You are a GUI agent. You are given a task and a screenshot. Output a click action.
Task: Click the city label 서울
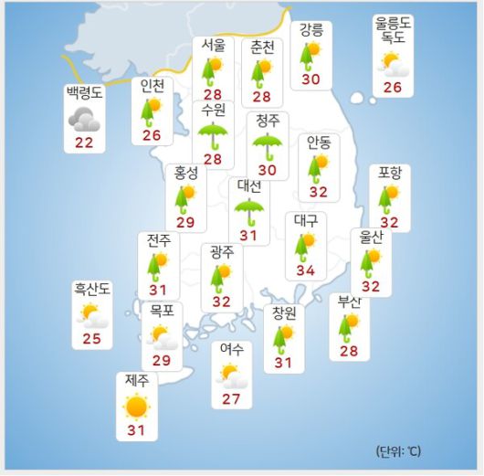(213, 46)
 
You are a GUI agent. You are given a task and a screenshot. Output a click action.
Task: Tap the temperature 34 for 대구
(304, 270)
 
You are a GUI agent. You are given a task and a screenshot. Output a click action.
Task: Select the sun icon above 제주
(136, 407)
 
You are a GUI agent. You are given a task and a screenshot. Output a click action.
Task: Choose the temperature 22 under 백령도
(85, 143)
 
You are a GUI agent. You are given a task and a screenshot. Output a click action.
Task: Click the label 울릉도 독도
(393, 30)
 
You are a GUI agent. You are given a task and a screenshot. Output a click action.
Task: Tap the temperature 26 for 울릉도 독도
(393, 88)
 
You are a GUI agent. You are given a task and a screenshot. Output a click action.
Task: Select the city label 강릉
(311, 30)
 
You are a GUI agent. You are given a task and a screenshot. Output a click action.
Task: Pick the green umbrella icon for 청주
(268, 144)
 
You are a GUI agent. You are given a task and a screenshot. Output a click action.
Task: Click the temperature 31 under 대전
(249, 237)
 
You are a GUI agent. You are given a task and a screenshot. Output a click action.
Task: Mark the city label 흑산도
(92, 290)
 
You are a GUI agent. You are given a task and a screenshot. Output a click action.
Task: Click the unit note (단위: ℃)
(398, 451)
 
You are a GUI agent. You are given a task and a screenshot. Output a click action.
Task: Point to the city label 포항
(390, 173)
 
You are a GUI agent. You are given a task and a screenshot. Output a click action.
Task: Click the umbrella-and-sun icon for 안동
(319, 167)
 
